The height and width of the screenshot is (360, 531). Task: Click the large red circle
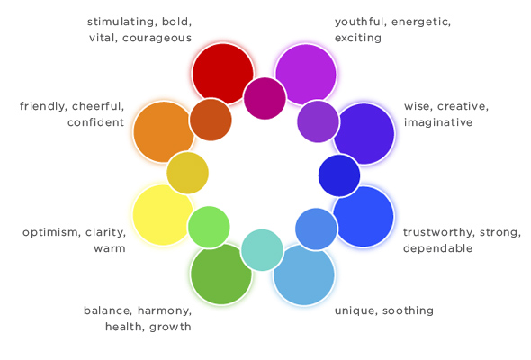click(x=222, y=73)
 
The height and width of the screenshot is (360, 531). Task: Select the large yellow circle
click(x=163, y=215)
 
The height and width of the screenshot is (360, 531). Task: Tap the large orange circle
click(x=164, y=131)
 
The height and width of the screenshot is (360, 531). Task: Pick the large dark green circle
click(x=220, y=274)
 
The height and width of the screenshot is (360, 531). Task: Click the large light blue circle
click(x=304, y=274)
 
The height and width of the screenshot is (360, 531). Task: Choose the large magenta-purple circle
click(x=306, y=74)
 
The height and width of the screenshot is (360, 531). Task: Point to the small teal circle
click(x=262, y=250)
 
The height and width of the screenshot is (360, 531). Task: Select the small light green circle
click(x=209, y=227)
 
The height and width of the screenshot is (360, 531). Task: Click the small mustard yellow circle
click(x=187, y=173)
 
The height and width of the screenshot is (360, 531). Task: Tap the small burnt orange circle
click(x=211, y=120)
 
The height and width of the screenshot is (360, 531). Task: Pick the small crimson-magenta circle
click(x=265, y=98)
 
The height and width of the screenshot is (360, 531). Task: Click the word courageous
click(x=157, y=38)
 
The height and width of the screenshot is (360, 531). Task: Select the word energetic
click(x=421, y=22)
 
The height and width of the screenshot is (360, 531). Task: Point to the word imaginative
click(x=438, y=122)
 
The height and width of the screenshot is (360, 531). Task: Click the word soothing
click(x=408, y=310)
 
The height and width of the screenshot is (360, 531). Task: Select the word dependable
click(x=437, y=248)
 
